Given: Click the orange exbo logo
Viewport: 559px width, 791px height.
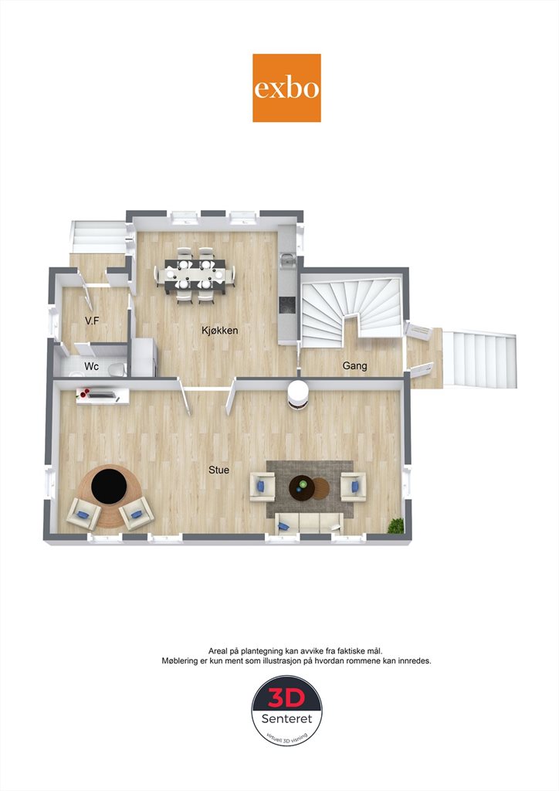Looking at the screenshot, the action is (286, 88).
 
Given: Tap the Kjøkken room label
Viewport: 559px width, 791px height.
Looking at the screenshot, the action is (220, 331).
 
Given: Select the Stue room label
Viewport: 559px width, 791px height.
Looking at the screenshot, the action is (219, 470).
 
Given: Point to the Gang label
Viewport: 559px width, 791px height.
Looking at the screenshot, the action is (354, 365).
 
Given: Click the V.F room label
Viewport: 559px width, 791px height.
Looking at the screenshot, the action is (92, 321).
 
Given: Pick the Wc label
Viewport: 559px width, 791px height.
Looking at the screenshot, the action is (91, 365).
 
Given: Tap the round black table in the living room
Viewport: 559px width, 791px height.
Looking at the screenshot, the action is (109, 486).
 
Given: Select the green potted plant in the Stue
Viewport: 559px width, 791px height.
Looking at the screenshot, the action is (395, 525).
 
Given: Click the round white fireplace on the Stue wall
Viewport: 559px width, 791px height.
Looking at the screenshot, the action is (298, 394).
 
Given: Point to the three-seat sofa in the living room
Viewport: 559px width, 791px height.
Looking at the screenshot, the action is (310, 523).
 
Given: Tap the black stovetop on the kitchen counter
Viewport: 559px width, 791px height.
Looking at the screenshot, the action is (288, 304).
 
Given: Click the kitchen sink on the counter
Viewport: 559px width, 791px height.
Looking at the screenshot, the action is (287, 260).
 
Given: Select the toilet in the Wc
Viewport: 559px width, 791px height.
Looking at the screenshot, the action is (117, 370).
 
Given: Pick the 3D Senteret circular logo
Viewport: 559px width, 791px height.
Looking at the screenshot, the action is (286, 711).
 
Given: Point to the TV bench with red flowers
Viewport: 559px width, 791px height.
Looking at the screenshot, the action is (103, 395).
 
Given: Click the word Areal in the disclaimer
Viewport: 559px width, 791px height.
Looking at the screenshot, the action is (218, 651).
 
